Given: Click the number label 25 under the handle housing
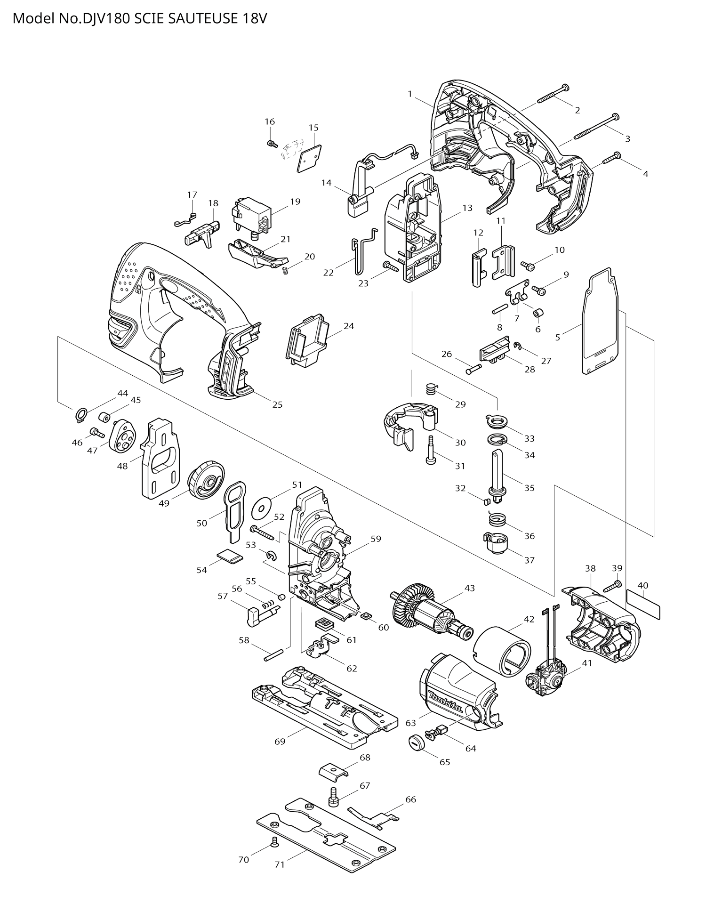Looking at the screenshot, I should pyautogui.click(x=277, y=404).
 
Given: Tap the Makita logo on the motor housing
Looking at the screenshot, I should pyautogui.click(x=445, y=703).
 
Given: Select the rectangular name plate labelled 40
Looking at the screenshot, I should pyautogui.click(x=643, y=606).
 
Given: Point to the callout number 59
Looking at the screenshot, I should pyautogui.click(x=376, y=539).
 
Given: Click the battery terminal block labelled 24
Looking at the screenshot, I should pyautogui.click(x=306, y=340).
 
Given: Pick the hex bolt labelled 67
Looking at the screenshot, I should pyautogui.click(x=333, y=797).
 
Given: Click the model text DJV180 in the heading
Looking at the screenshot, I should pyautogui.click(x=102, y=19).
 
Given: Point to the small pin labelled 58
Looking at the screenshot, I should pyautogui.click(x=273, y=655).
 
